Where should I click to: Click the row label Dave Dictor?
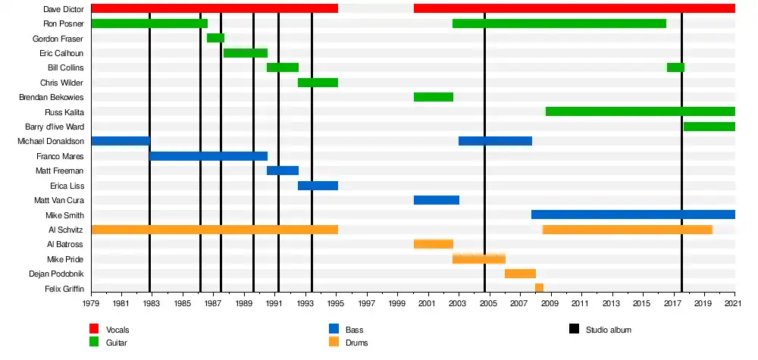pos(64,9)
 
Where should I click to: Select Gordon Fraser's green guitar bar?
pos(215,38)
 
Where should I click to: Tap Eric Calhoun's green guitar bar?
pos(246,53)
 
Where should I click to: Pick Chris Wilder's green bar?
pos(318,83)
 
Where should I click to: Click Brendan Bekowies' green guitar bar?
pos(434,97)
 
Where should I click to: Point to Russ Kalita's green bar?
pos(640,111)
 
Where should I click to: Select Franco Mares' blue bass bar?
pos(208,156)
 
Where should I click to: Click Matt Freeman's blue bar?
pos(283,171)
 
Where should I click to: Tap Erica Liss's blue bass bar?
pos(318,186)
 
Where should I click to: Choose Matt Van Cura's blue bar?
pos(437,200)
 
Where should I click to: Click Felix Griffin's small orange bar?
pos(539,288)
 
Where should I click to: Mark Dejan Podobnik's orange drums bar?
pos(520,274)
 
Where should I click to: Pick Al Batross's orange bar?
pos(434,244)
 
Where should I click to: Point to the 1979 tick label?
pos(91,303)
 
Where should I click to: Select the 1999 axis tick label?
pos(397,303)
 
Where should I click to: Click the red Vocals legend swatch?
pos(94,329)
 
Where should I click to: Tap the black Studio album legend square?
pos(574,329)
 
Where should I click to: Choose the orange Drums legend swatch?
pos(334,342)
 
